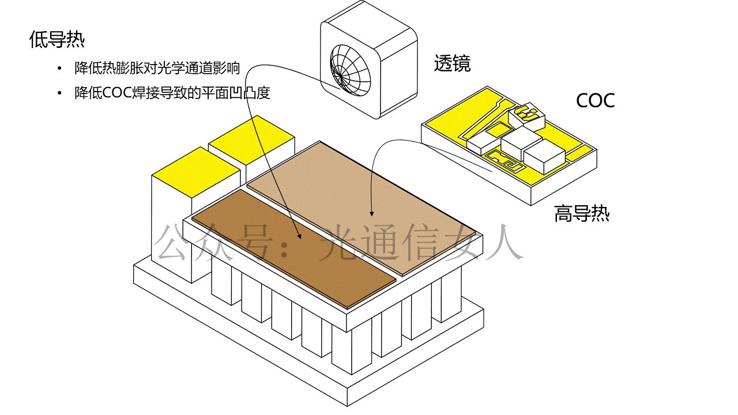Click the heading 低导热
(57, 40)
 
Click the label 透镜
(452, 63)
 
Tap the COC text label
(595, 100)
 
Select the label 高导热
(582, 214)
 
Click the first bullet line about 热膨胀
(157, 69)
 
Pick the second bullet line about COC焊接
(172, 93)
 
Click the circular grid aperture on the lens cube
(348, 70)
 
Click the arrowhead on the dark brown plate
(299, 236)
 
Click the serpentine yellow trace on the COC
(505, 161)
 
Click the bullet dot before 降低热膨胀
(58, 69)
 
